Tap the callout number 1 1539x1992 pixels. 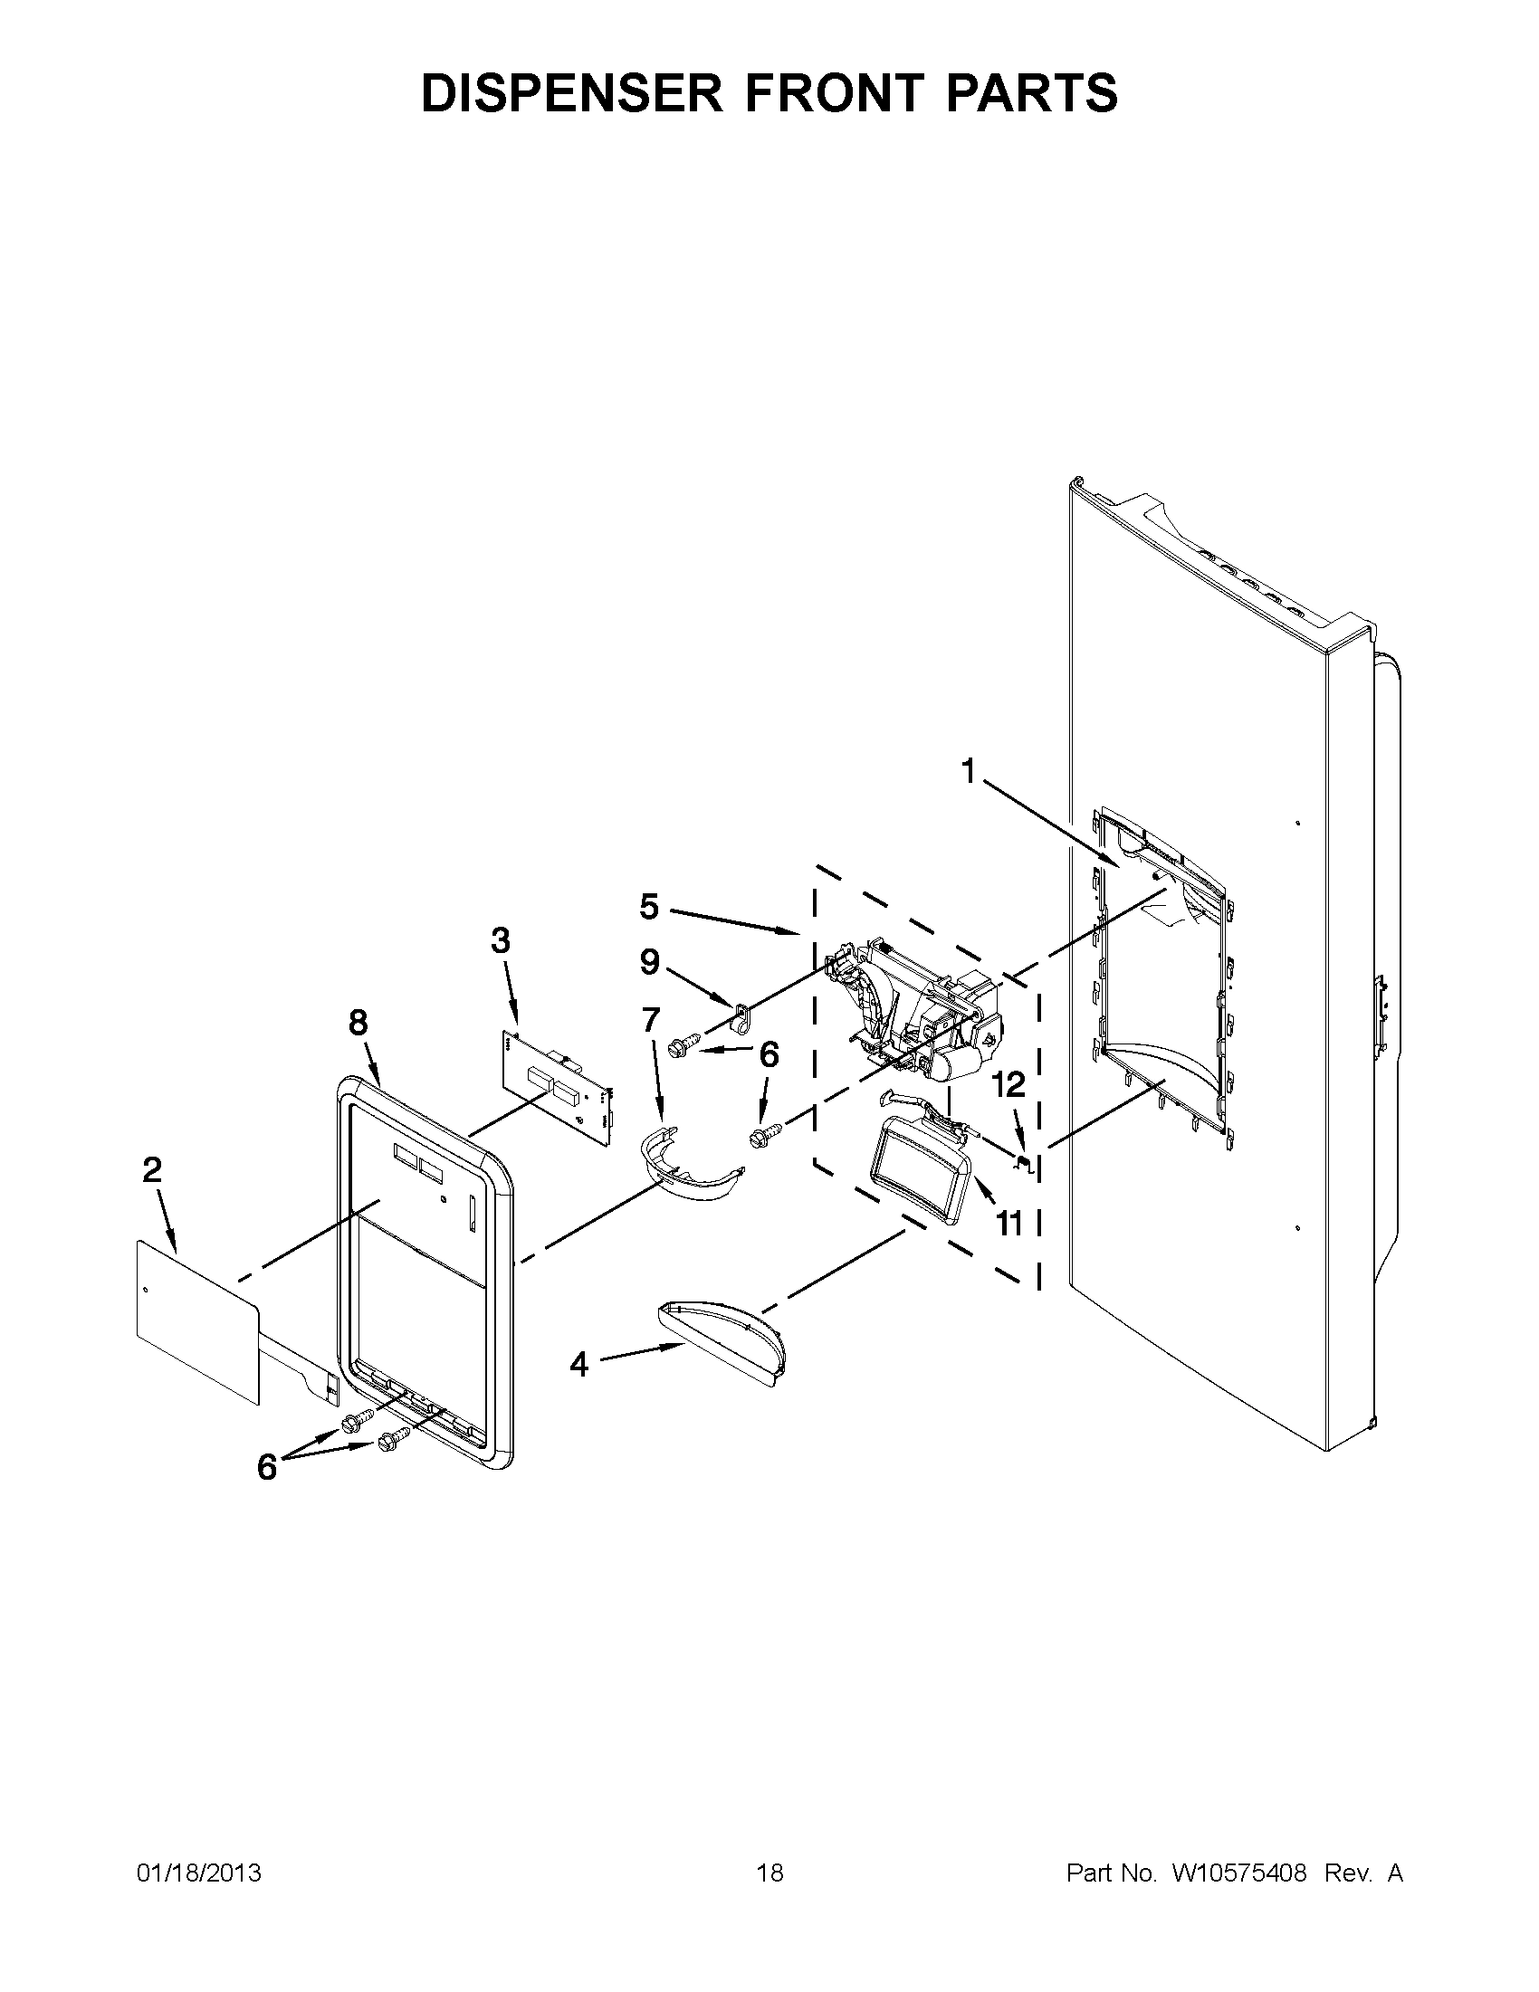tap(969, 773)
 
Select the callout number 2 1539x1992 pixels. tap(152, 1170)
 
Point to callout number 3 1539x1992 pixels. tap(500, 940)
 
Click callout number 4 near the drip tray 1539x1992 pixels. tap(579, 1390)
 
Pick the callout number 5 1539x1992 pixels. tap(648, 908)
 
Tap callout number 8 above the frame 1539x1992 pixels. tap(358, 1024)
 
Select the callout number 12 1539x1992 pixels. tap(1010, 1084)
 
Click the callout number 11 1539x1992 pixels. tap(1009, 1222)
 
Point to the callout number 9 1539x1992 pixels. tap(649, 961)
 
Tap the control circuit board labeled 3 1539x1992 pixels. tap(557, 1090)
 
